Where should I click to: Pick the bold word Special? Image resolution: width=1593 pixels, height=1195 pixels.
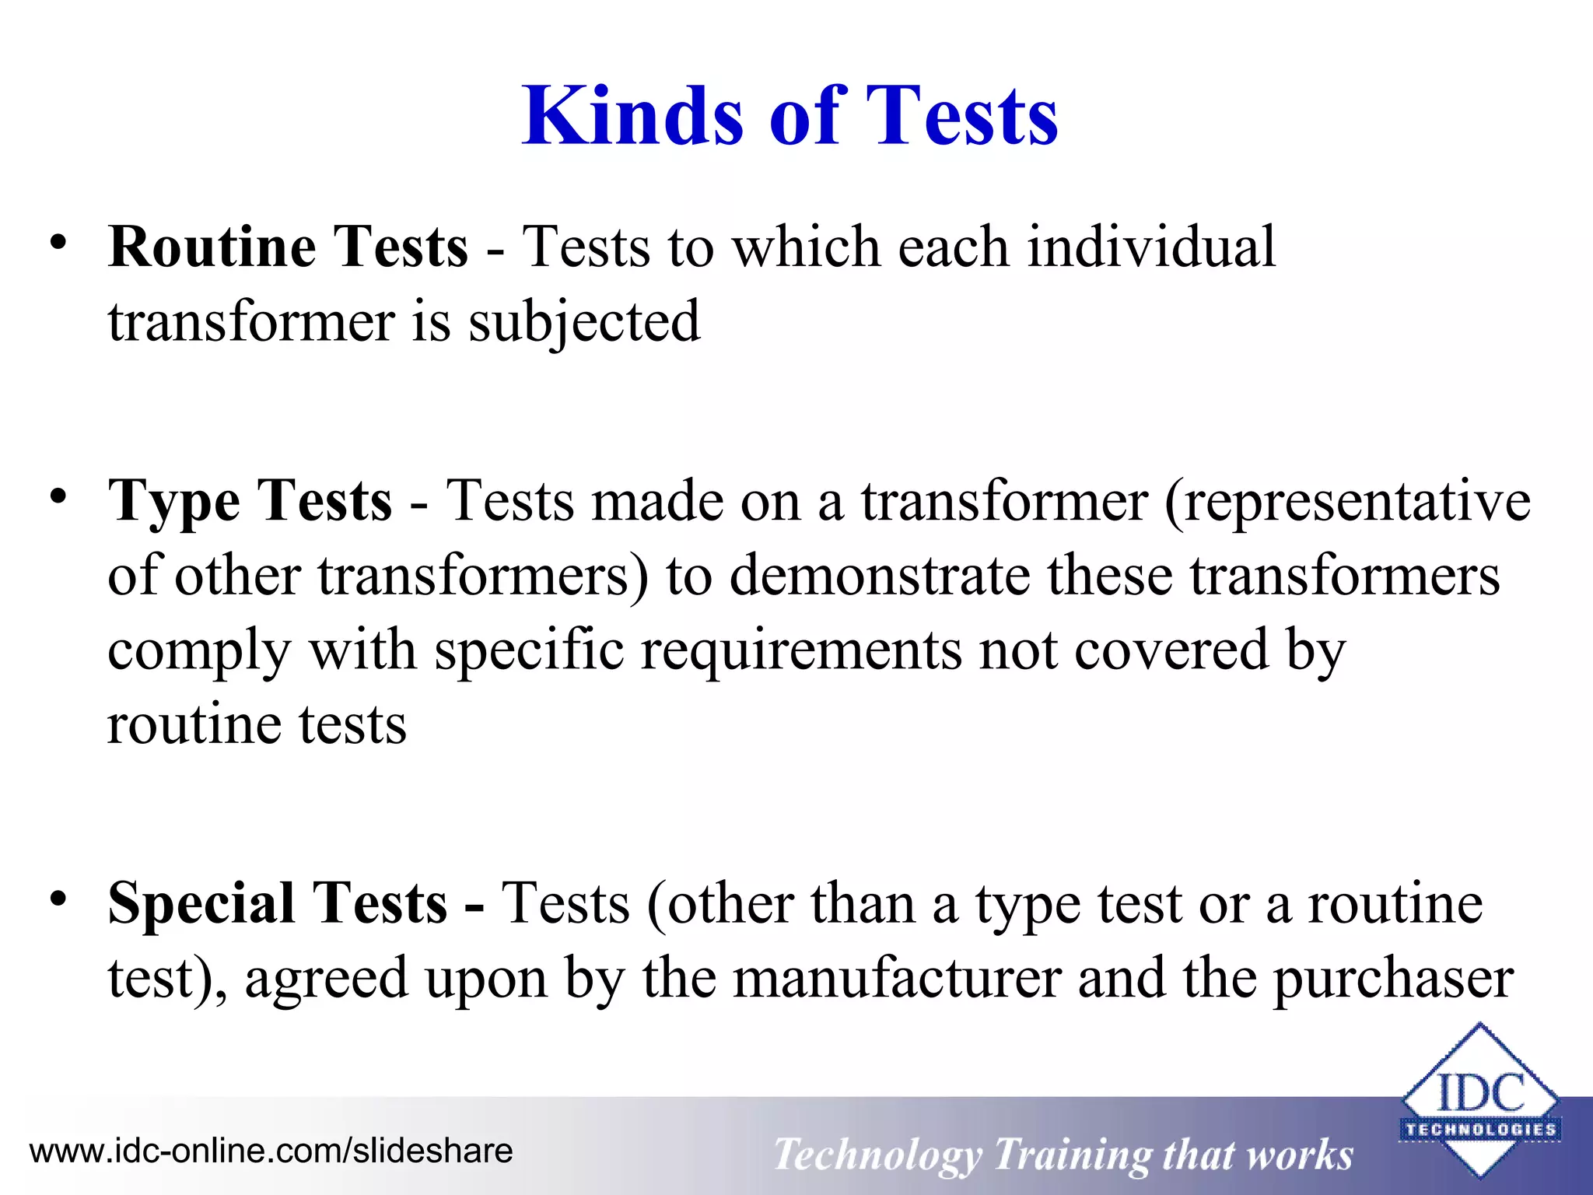pos(200,904)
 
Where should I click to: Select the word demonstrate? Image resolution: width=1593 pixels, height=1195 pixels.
pos(879,576)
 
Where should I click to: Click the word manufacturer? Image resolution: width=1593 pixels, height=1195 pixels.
pos(898,979)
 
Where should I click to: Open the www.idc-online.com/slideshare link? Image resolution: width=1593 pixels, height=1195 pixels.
pos(271,1151)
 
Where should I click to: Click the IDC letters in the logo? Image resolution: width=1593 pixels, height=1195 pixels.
pos(1479,1092)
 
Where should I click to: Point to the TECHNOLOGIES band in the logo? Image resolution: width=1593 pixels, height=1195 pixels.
pos(1479,1129)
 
